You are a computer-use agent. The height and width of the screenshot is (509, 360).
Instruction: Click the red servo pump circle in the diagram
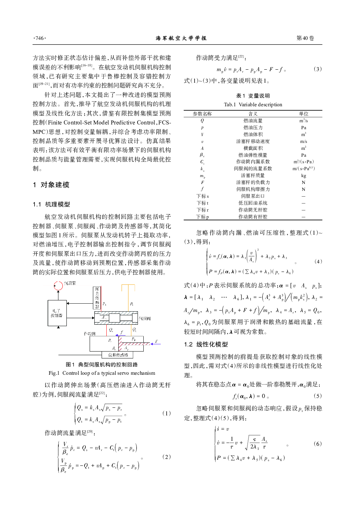58,286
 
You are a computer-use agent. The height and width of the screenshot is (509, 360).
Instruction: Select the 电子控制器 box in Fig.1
57,313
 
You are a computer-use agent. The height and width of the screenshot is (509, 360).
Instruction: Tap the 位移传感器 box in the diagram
118,355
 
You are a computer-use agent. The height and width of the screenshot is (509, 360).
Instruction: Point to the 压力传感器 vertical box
97,297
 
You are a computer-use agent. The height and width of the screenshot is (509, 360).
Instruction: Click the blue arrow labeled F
156,344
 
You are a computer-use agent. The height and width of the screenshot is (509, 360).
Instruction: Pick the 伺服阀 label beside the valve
144,318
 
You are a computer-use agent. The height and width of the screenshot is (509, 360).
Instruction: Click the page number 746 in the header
40,38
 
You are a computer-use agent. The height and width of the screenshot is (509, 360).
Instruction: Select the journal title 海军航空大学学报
181,38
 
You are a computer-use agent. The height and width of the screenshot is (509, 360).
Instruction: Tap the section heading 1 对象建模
51,185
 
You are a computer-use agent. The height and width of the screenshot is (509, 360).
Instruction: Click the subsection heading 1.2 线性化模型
206,344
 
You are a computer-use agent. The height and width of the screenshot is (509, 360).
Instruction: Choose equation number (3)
317,69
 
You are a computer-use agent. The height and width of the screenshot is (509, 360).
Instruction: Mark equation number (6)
317,444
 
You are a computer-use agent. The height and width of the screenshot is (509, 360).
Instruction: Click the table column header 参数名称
202,114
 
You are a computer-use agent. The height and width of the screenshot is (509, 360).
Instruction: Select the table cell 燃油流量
253,120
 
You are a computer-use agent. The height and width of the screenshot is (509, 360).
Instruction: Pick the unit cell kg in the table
303,176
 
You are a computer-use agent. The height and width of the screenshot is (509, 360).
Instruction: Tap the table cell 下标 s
202,196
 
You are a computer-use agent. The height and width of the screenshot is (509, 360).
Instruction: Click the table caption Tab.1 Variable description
253,104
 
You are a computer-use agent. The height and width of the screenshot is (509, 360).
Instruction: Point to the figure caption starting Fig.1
102,373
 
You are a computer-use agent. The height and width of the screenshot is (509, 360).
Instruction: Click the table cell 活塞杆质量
253,176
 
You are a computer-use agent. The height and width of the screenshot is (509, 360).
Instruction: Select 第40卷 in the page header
305,38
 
